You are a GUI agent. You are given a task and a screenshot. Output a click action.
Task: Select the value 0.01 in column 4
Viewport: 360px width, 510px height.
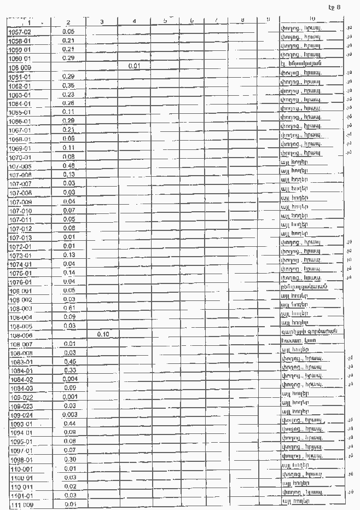coord(135,67)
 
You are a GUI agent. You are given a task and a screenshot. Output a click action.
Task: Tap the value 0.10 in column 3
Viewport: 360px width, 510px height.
coord(103,334)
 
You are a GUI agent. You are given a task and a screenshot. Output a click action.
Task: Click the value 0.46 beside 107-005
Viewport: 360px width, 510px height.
coord(68,165)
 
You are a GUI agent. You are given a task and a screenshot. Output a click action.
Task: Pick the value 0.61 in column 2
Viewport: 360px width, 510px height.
coord(68,308)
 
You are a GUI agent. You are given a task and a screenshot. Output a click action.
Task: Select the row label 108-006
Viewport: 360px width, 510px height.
coord(20,334)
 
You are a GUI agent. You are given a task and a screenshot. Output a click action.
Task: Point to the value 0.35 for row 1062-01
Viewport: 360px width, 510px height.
coord(68,85)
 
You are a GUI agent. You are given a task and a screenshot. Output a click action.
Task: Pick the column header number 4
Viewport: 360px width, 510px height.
coord(135,21)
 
